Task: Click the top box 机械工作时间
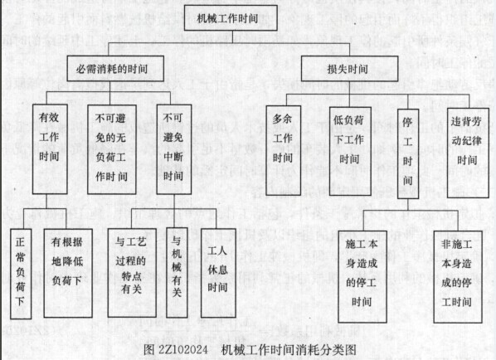tap(231, 18)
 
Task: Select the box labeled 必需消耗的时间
tap(115, 68)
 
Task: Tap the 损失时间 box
tap(349, 69)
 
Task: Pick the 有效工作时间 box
tap(50, 149)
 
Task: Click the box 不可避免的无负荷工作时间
tap(112, 149)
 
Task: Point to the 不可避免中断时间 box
tap(174, 149)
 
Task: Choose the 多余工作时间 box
tap(283, 150)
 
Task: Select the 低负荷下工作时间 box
tap(350, 151)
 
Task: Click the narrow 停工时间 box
tap(408, 153)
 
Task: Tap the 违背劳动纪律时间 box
tap(468, 153)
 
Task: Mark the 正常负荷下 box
tap(21, 274)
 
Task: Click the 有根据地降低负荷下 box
tap(68, 273)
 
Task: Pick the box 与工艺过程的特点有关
tap(132, 273)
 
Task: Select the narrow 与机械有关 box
tap(177, 273)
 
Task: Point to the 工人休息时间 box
tap(218, 273)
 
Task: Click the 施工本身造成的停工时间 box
tap(362, 276)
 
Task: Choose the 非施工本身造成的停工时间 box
tap(458, 277)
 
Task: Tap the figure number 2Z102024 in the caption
tap(183, 349)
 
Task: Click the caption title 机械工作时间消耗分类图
tap(289, 349)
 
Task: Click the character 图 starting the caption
tap(149, 349)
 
